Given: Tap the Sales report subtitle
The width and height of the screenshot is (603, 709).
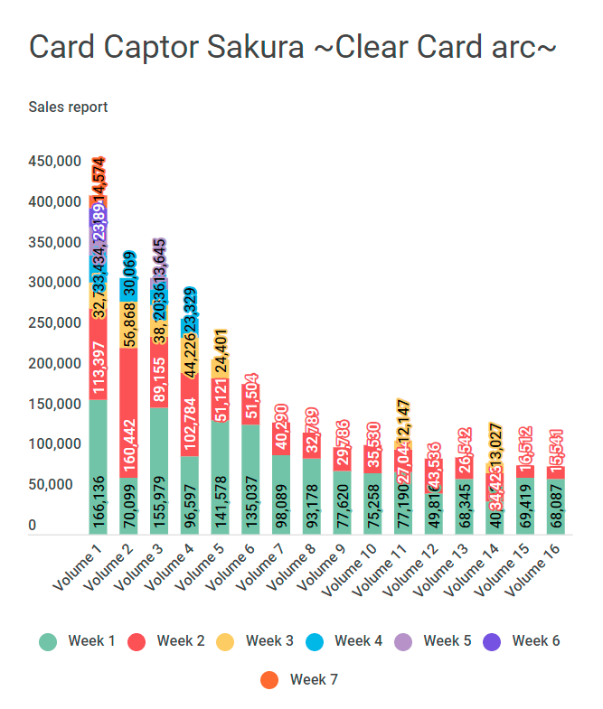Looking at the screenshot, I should pos(68,107).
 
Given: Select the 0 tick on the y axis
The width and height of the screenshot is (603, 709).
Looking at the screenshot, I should pos(33,525).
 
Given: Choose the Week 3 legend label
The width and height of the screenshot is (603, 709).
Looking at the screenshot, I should pos(269,641).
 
